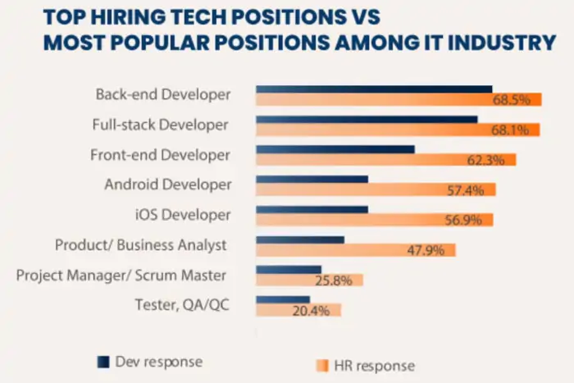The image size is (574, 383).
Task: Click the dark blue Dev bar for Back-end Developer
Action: tap(374, 89)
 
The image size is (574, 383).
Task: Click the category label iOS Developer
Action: tap(182, 214)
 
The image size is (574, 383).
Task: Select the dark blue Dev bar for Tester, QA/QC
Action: tap(283, 299)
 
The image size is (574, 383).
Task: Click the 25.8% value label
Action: tap(334, 280)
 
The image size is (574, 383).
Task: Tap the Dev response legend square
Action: tap(102, 362)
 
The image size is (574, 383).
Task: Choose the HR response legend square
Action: tap(321, 365)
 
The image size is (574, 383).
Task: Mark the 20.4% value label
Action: tap(312, 311)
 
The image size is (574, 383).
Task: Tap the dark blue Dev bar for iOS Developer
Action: tap(312, 209)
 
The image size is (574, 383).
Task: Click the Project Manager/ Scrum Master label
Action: tap(121, 274)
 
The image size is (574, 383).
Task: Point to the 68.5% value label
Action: tap(517, 99)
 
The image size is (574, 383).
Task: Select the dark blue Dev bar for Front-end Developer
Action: tap(335, 149)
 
